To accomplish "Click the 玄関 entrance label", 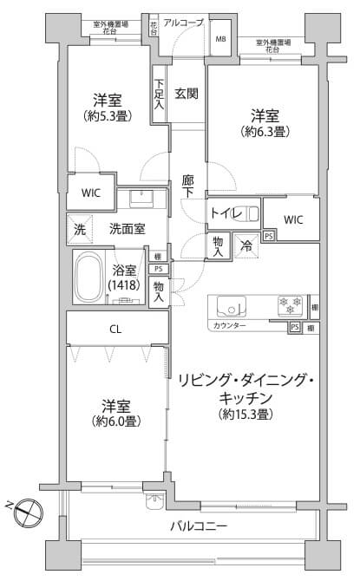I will click(187, 94).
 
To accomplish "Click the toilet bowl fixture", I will click(251, 212).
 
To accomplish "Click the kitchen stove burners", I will click(285, 305).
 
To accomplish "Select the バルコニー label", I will click(199, 526).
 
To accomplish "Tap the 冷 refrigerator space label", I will click(246, 246).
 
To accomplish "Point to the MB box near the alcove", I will click(220, 39).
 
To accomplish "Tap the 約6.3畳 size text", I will click(265, 132).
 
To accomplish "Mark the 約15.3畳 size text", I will click(246, 415).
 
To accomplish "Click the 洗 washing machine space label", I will click(79, 230).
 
